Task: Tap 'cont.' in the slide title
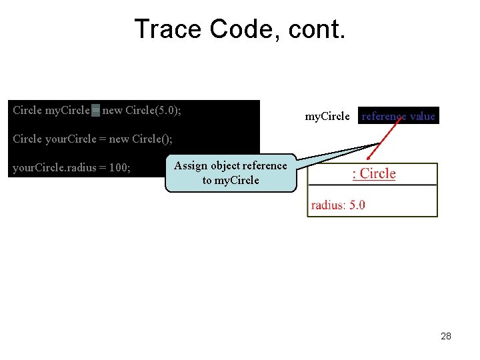pos(316,29)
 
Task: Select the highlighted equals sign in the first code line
pos(96,111)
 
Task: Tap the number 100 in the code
pos(119,168)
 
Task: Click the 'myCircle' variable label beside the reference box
pos(327,117)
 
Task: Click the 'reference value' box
pos(399,117)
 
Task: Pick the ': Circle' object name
pos(373,174)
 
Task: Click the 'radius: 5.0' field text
pos(338,205)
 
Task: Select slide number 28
pos(446,336)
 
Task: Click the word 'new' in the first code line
pos(112,111)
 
